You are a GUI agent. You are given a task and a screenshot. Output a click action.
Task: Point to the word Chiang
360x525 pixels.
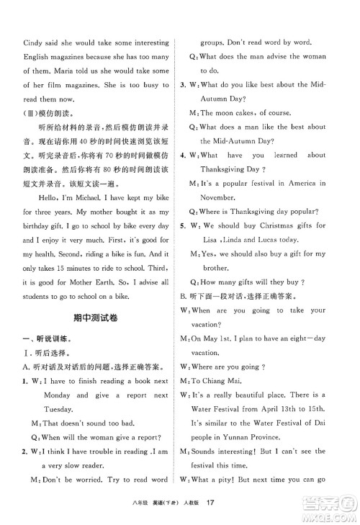point(222,381)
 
